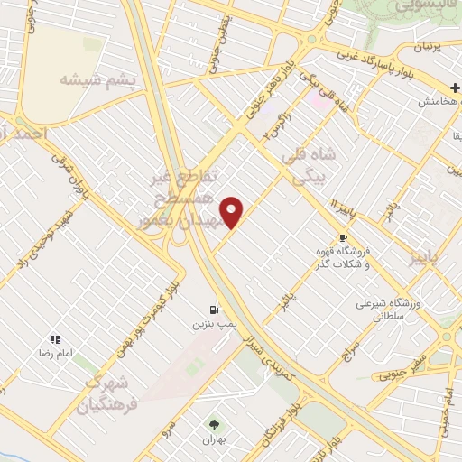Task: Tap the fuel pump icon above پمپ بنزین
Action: click(x=214, y=307)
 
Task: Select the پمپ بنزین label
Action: click(x=214, y=322)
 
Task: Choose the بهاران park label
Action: click(x=214, y=439)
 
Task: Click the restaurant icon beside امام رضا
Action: click(x=55, y=339)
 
